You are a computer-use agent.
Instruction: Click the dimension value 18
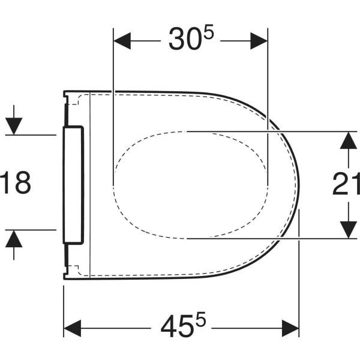point(14,182)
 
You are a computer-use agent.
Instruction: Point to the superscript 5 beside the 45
point(202,320)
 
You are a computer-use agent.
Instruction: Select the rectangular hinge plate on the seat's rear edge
point(73,184)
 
